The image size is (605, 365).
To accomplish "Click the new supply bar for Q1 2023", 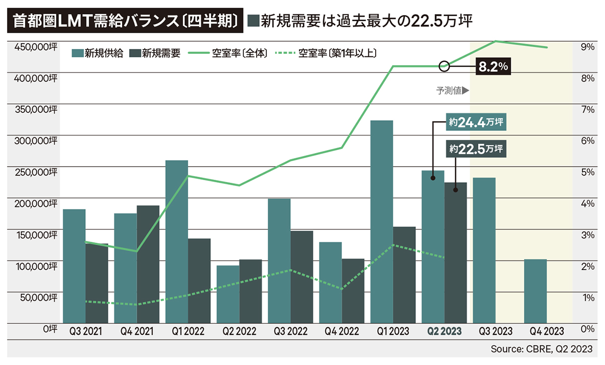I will click(382, 222).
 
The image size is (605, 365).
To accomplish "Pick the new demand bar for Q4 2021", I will click(148, 264).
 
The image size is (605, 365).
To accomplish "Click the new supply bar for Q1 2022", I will click(176, 242).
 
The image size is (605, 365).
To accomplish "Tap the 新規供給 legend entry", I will click(98, 53).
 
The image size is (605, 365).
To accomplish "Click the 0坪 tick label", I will click(49, 328).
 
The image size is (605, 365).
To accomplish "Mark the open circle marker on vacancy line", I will click(444, 66).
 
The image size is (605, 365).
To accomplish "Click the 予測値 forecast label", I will click(452, 91).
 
